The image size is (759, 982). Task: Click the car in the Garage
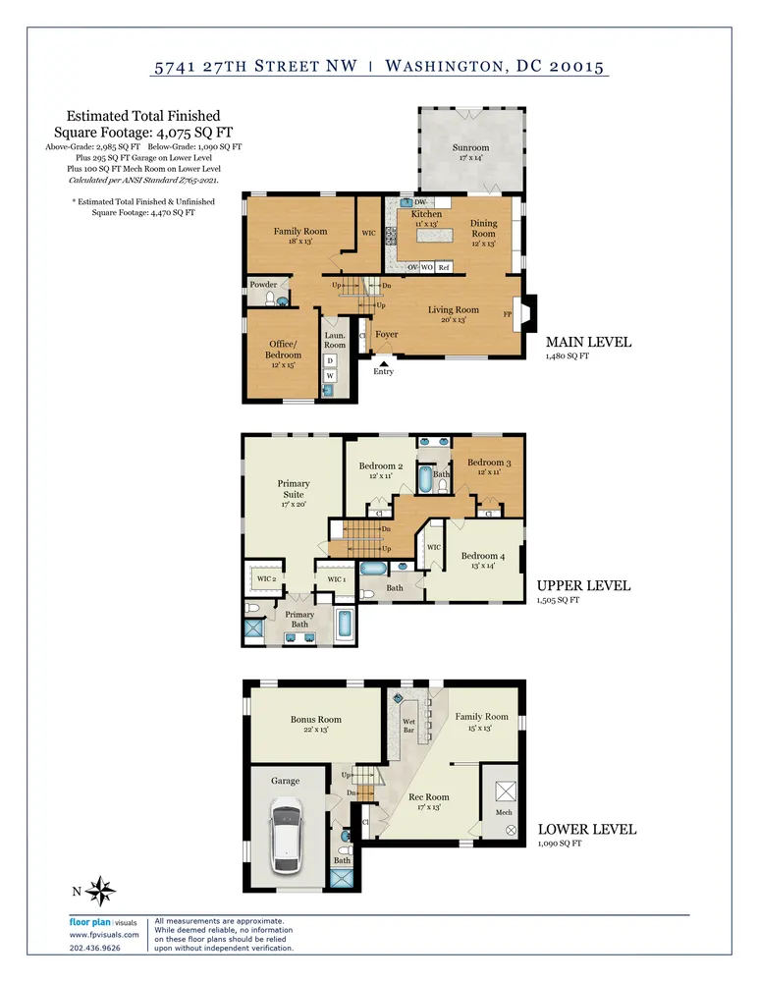tap(286, 835)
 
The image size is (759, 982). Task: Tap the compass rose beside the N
tap(100, 891)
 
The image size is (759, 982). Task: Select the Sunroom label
tap(471, 148)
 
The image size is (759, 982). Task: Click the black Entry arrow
tap(383, 363)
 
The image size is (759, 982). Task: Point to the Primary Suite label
tap(294, 488)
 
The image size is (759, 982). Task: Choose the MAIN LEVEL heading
tap(589, 342)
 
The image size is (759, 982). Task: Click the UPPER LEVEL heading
tap(583, 585)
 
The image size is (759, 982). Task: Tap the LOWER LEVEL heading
tap(587, 829)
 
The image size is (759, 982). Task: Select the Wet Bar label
tap(408, 726)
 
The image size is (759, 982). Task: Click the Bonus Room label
tap(315, 720)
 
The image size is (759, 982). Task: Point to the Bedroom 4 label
tap(483, 556)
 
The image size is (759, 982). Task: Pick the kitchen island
tap(434, 235)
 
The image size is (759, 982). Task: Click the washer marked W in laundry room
tap(330, 376)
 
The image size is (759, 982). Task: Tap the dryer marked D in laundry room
tap(330, 360)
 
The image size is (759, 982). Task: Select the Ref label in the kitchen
tap(444, 267)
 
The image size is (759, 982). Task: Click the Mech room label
tap(504, 812)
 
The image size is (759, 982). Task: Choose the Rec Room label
tap(429, 797)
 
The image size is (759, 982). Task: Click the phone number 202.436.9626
tap(94, 948)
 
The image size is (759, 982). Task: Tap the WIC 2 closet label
tap(267, 578)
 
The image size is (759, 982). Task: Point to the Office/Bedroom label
tap(283, 349)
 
